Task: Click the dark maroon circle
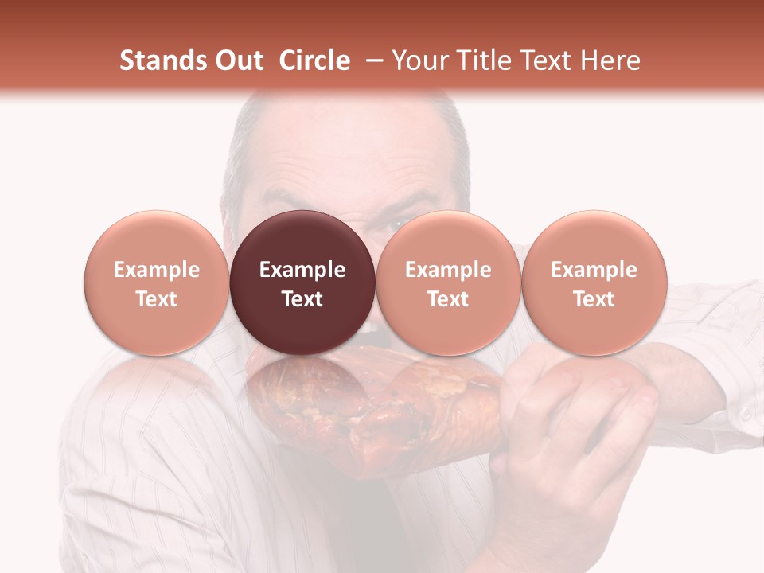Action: (302, 283)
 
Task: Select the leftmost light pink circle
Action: (157, 283)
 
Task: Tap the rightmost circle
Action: (594, 283)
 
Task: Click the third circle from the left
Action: (448, 283)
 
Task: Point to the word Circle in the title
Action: (314, 60)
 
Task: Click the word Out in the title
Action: (240, 60)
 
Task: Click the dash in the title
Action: (370, 60)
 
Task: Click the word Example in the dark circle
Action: (302, 270)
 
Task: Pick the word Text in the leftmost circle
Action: (157, 299)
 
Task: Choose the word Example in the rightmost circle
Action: (594, 270)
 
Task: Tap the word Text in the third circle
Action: (448, 299)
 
